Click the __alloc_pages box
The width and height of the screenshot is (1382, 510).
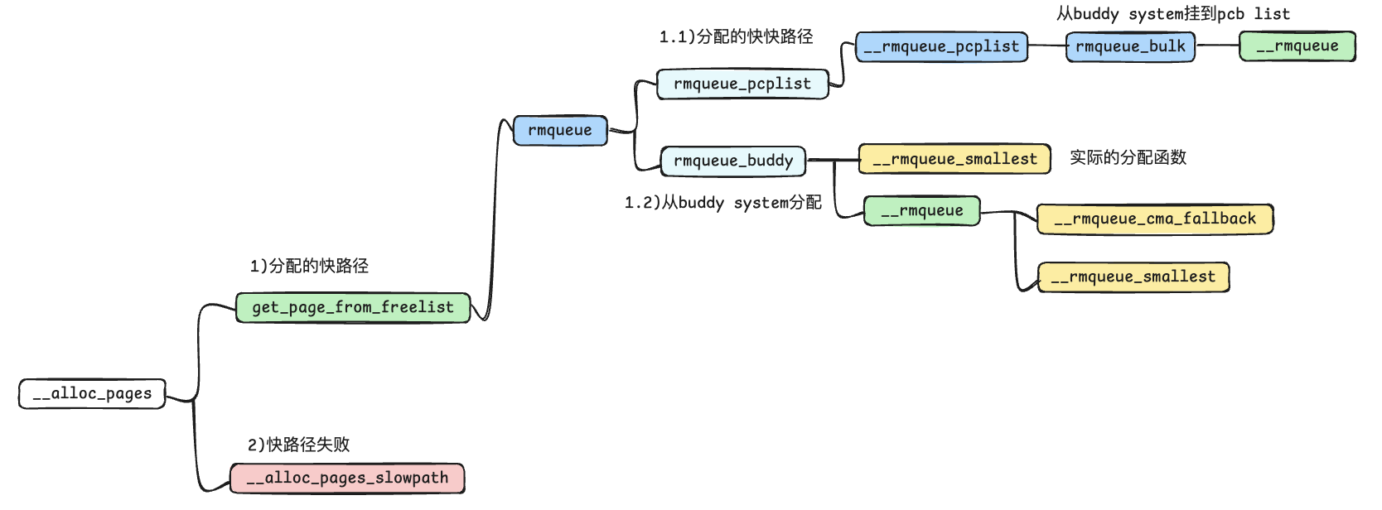[x=92, y=394]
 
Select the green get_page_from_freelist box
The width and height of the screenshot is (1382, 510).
[x=353, y=307]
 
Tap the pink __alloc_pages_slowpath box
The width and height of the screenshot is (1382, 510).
[x=347, y=479]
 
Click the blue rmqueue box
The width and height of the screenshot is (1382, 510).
[x=560, y=131]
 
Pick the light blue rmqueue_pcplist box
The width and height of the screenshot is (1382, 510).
[x=742, y=84]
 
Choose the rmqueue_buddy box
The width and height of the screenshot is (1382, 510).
[x=733, y=161]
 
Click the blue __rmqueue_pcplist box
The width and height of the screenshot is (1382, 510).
[x=941, y=47]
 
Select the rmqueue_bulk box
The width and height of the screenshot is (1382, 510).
[x=1130, y=47]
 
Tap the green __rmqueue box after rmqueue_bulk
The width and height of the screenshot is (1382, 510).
[x=1297, y=46]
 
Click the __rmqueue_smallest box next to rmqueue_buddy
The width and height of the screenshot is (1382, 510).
[x=954, y=159]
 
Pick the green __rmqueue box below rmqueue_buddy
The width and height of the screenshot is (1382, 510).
[x=921, y=211]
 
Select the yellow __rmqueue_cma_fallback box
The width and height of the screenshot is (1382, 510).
[x=1155, y=219]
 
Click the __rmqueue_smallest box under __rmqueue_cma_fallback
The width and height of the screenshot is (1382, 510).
[x=1133, y=277]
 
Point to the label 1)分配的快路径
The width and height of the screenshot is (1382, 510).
[x=309, y=266]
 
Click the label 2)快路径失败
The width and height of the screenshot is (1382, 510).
[x=298, y=445]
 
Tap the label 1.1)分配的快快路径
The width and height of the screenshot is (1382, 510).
[x=736, y=36]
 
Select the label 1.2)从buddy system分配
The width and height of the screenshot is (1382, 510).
[x=722, y=203]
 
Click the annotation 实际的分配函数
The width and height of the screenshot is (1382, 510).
[x=1128, y=157]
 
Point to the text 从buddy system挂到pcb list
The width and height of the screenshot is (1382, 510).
[x=1172, y=14]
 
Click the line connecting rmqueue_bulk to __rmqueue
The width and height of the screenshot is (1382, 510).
[x=1217, y=46]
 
